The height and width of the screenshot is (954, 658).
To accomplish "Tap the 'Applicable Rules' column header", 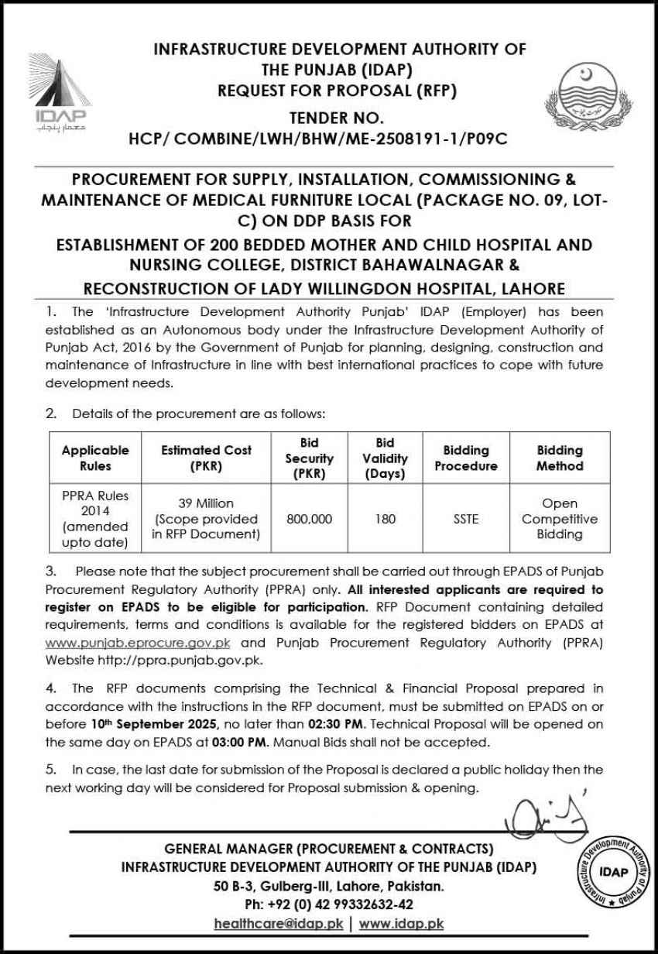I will pyautogui.click(x=96, y=458).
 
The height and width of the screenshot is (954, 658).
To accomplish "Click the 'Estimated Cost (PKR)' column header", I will pyautogui.click(x=206, y=458).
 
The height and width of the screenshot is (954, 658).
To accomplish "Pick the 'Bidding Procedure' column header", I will pyautogui.click(x=466, y=458).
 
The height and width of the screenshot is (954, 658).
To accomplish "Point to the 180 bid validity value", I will pyautogui.click(x=386, y=519).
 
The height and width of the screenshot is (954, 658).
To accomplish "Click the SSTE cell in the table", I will pyautogui.click(x=466, y=519).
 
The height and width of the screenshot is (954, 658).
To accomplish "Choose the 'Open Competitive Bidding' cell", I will pyautogui.click(x=560, y=519).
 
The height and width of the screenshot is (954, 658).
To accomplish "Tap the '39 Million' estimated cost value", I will pyautogui.click(x=206, y=503).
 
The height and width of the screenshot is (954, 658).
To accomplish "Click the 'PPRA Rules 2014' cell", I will pyautogui.click(x=96, y=519).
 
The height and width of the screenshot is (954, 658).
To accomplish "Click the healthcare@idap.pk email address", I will pyautogui.click(x=279, y=923).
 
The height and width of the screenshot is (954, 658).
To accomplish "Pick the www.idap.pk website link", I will pyautogui.click(x=401, y=923).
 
